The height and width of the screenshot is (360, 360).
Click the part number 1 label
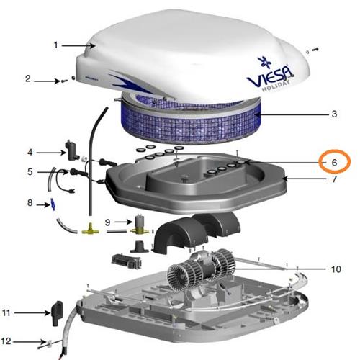click(x=56, y=45)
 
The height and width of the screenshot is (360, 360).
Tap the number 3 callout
click(x=334, y=114)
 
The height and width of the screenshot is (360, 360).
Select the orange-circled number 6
click(x=334, y=163)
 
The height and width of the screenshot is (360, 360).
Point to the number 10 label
click(x=336, y=269)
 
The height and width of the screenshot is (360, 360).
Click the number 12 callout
click(x=6, y=341)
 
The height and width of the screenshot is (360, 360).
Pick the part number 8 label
click(x=30, y=203)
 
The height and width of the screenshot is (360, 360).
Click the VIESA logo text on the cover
click(x=270, y=76)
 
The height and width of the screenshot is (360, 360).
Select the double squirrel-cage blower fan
click(x=201, y=269)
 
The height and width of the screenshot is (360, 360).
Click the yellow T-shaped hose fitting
click(x=90, y=229)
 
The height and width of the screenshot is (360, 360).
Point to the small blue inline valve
click(x=53, y=204)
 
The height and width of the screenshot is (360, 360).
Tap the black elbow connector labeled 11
click(x=57, y=313)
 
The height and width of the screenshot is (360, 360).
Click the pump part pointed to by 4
click(x=71, y=150)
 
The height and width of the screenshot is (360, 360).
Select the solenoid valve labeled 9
click(x=138, y=225)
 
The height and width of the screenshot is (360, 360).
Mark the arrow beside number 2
click(x=47, y=81)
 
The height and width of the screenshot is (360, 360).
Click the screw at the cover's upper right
click(x=315, y=50)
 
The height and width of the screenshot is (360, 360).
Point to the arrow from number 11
click(x=33, y=313)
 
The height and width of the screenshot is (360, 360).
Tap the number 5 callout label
click(x=30, y=172)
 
